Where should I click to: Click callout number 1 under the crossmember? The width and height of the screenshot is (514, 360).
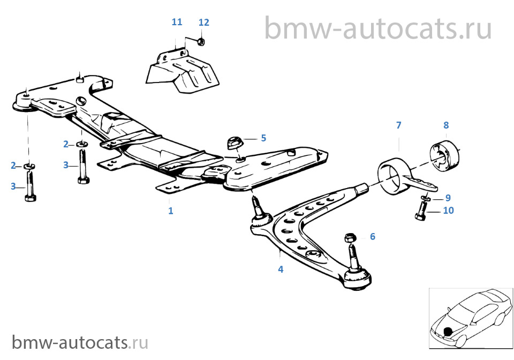[170, 211]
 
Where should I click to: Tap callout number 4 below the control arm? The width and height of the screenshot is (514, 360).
[281, 269]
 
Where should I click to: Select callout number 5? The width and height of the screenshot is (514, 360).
[263, 138]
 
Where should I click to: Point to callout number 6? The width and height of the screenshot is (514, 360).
[373, 236]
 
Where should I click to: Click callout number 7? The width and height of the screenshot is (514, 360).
[398, 125]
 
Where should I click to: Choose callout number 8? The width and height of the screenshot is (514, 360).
[446, 125]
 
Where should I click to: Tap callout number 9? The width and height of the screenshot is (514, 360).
[448, 198]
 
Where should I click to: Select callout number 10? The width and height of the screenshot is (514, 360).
[449, 210]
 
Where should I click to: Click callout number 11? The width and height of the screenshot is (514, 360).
[177, 22]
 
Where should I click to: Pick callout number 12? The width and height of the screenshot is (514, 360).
[203, 22]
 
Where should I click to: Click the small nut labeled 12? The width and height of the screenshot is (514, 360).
[201, 42]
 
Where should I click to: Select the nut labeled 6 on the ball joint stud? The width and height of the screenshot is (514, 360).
[350, 237]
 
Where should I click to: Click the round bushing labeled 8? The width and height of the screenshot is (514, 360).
[444, 155]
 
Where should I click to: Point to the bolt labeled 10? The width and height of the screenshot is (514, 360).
[421, 211]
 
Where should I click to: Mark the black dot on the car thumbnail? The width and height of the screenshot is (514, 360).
[448, 332]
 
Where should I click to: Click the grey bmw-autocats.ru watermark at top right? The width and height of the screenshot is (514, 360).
[378, 28]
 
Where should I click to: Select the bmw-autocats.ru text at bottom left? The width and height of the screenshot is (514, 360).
[80, 342]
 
